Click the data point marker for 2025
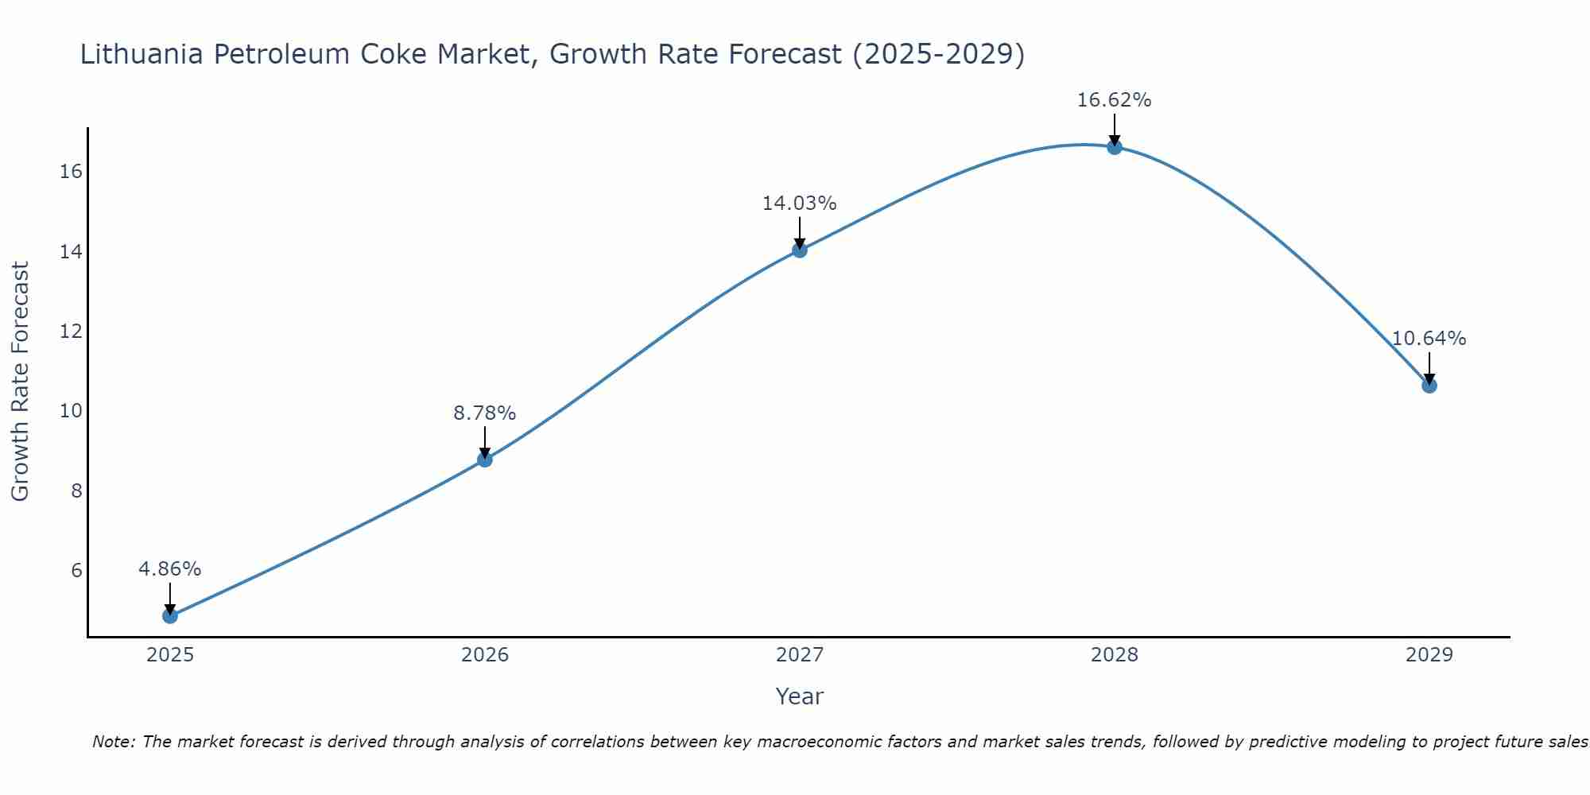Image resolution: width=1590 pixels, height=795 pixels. tap(170, 615)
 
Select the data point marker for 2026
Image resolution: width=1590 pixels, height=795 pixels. tap(485, 460)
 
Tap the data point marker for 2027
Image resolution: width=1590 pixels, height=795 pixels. tap(800, 250)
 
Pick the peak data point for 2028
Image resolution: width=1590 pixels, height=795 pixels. tap(1115, 147)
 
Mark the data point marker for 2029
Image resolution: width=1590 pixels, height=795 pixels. tap(1429, 386)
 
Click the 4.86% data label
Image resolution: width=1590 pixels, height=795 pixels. tap(170, 569)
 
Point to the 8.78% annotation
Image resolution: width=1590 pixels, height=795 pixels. tap(485, 413)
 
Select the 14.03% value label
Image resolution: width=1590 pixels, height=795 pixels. tap(800, 204)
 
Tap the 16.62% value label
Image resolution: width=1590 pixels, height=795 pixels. tap(1115, 100)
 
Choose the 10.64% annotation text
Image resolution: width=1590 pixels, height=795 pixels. tap(1429, 339)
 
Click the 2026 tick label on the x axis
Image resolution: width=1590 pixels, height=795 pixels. tap(485, 655)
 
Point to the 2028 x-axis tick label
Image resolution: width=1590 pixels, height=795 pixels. tap(1115, 655)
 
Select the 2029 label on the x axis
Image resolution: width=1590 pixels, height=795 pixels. tap(1429, 655)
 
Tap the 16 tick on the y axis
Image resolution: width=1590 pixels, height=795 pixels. tap(72, 172)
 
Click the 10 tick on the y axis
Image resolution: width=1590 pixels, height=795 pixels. tap(72, 411)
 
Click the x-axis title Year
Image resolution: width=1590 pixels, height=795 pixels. tap(800, 696)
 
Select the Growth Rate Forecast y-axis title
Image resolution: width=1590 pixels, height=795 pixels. tap(20, 382)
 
